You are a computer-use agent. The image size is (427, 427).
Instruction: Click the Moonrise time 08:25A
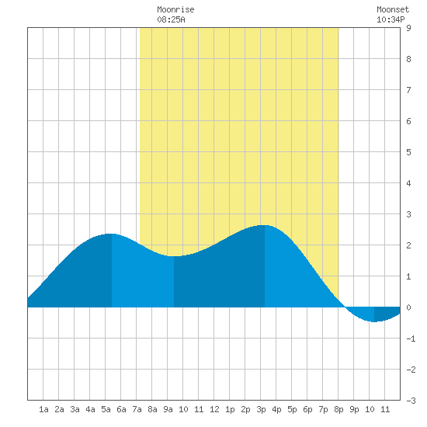(x=171, y=19)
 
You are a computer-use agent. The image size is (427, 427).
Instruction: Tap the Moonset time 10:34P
(x=391, y=19)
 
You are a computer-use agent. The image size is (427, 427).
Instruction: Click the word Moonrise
(x=175, y=9)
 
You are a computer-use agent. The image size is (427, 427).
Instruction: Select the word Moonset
(x=393, y=9)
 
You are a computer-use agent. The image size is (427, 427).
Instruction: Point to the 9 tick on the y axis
(x=408, y=28)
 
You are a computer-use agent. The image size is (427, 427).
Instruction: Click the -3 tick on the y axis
(x=411, y=401)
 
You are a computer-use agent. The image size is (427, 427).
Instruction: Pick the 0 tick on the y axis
(x=408, y=307)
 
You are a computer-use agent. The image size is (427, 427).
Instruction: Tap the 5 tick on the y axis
(x=408, y=152)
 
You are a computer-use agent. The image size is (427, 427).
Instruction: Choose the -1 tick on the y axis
(x=411, y=338)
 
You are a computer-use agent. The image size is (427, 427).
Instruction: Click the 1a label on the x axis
(x=43, y=409)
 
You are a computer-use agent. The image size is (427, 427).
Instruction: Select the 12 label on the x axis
(x=214, y=409)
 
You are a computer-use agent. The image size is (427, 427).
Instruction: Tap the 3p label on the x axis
(x=261, y=409)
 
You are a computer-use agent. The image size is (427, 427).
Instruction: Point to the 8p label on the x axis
(x=338, y=409)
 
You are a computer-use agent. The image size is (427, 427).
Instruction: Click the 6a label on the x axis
(x=121, y=409)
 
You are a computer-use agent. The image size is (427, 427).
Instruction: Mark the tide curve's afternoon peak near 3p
(x=264, y=225)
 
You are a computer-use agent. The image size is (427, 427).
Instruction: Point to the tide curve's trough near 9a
(x=174, y=256)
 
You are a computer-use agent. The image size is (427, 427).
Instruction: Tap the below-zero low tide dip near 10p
(x=374, y=321)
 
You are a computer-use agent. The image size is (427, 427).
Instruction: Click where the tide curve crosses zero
(x=345, y=307)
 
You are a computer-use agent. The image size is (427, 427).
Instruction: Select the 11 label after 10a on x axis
(x=199, y=409)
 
